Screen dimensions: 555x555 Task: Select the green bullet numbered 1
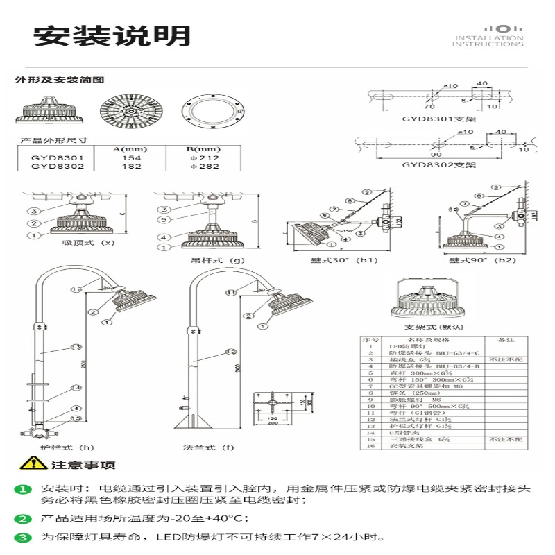[24, 490]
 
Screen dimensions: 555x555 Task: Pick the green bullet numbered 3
[24, 537]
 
